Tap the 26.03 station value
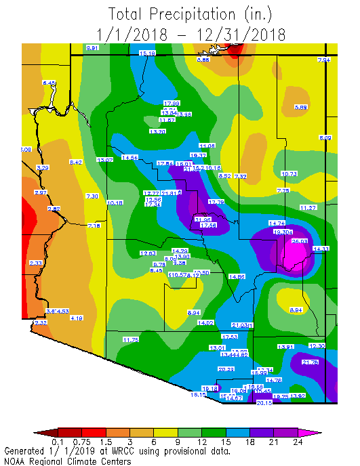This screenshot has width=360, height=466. click(x=300, y=240)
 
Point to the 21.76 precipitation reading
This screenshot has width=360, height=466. click(x=310, y=362)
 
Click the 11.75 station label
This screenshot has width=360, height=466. click(x=131, y=339)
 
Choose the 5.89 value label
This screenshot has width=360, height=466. click(x=301, y=107)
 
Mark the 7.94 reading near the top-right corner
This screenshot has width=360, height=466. click(x=323, y=60)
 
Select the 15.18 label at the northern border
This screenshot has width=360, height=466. click(x=147, y=52)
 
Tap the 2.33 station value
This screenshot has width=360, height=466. click(x=36, y=263)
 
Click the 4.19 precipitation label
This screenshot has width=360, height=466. click(x=77, y=318)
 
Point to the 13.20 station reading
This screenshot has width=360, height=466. click(x=157, y=131)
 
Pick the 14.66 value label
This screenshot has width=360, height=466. click(x=237, y=276)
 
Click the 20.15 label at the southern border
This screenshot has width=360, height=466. click(x=264, y=402)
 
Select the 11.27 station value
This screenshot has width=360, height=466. click(x=308, y=207)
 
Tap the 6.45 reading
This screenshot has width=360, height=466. click(x=49, y=83)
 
